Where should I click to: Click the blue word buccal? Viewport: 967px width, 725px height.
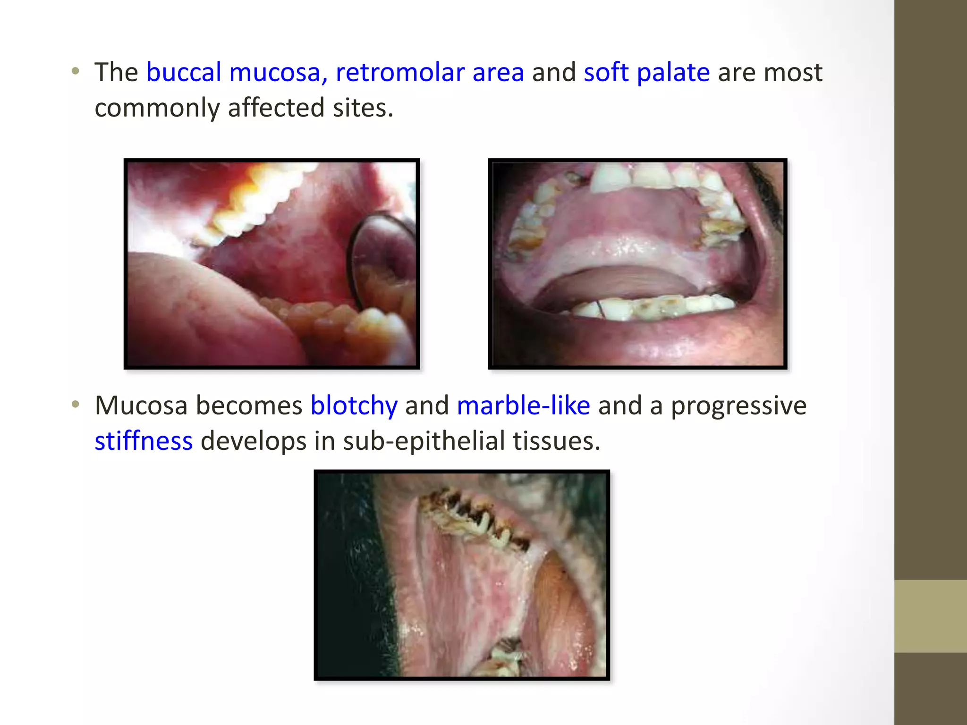[x=183, y=73]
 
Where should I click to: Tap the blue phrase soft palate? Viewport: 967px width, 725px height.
[x=646, y=73]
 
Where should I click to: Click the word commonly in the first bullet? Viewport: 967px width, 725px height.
[x=157, y=108]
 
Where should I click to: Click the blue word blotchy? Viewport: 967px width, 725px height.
[x=354, y=405]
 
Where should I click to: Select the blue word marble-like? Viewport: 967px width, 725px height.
[x=523, y=405]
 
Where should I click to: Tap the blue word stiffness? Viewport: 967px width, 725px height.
[x=144, y=441]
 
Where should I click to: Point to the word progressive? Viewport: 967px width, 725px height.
[x=738, y=405]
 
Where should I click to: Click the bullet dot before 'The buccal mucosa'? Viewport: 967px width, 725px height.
[x=76, y=72]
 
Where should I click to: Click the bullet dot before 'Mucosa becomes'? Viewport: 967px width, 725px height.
[x=76, y=405]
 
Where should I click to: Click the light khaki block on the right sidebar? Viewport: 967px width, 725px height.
[x=930, y=616]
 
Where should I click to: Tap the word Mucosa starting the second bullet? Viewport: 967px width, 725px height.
[x=141, y=405]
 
